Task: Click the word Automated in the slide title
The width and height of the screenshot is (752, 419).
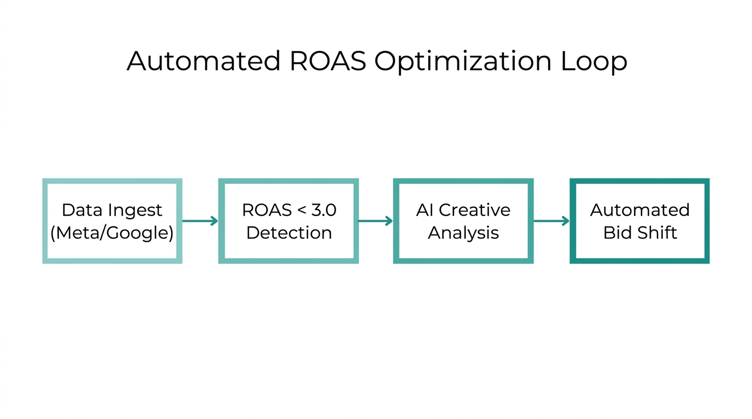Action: coord(203,61)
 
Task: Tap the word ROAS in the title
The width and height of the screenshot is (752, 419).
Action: coord(327,61)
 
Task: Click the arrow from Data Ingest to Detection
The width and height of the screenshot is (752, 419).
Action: coord(200,221)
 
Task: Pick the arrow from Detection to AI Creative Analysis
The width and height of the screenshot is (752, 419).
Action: coord(375,221)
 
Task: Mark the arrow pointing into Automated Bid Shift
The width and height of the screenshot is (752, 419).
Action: coord(551,221)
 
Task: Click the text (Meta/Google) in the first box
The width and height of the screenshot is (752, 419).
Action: coord(112,233)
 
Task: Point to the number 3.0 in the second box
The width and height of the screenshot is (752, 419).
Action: coord(324,210)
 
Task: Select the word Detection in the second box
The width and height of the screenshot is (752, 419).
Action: coord(289,233)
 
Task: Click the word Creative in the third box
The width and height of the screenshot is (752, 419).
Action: coord(475,210)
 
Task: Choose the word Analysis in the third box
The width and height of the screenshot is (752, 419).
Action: coord(463,233)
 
